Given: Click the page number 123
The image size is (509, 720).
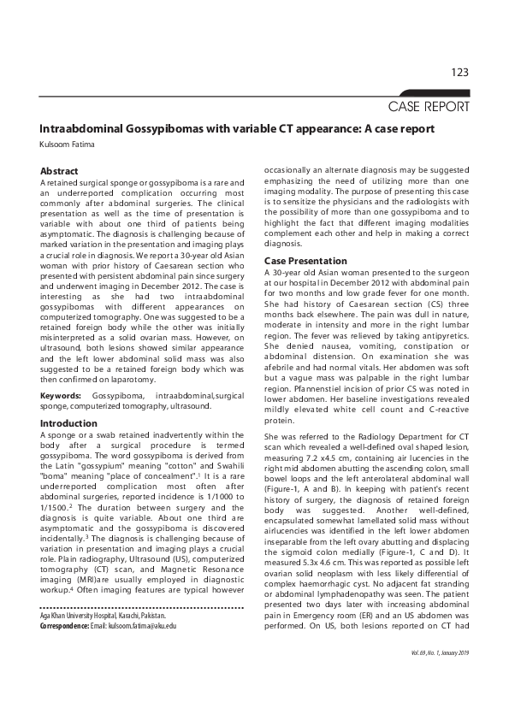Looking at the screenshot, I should [459, 73].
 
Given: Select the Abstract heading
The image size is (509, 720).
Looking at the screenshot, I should [60, 171].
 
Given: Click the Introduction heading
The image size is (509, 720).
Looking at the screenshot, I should [69, 423].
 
